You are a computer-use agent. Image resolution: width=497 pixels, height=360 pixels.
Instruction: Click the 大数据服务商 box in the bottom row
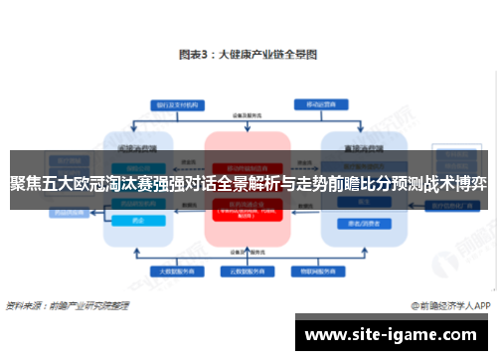[168, 270]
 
